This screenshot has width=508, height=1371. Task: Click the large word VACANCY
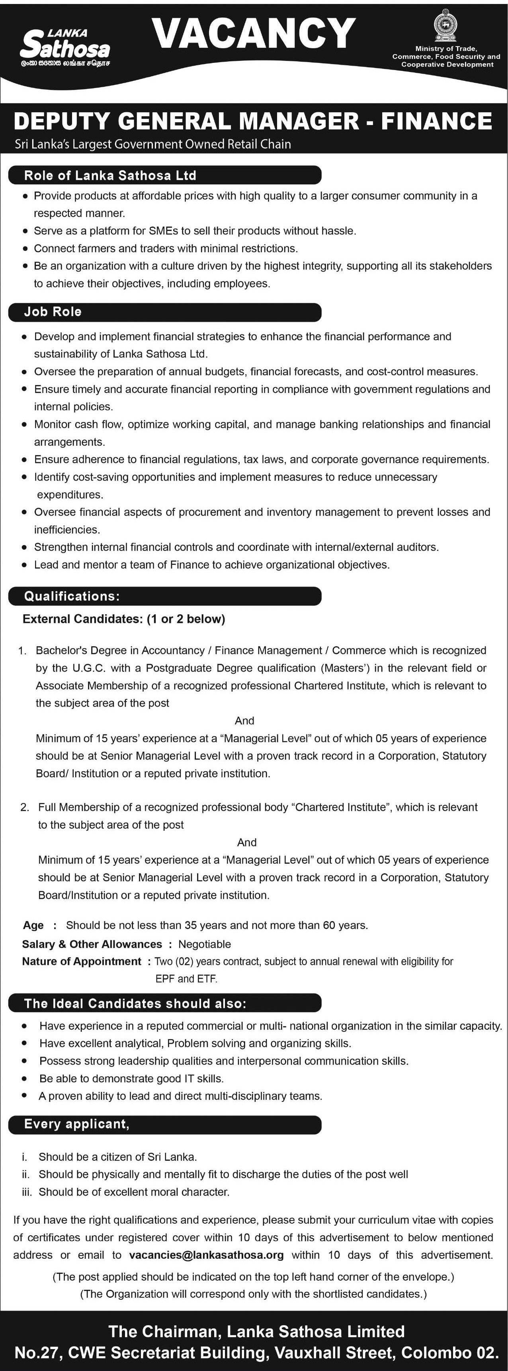click(x=254, y=33)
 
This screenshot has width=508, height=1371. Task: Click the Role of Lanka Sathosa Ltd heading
click(x=110, y=176)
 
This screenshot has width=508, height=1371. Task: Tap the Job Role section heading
click(x=53, y=312)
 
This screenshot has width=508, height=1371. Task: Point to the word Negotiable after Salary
click(x=205, y=944)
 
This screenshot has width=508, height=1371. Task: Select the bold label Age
click(x=33, y=926)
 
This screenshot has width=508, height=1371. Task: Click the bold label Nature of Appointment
click(x=82, y=961)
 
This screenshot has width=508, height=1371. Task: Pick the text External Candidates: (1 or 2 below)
click(x=123, y=619)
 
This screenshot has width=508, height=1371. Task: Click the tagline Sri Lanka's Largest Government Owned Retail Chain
click(x=153, y=144)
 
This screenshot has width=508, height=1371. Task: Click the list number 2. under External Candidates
click(x=25, y=807)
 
